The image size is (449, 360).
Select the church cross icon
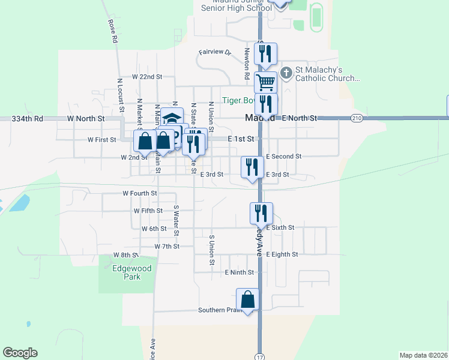coord(286,73)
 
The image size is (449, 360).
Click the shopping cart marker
coord(265,81)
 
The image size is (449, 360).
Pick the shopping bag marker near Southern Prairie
coord(247,299)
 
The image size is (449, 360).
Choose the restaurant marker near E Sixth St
coord(261,213)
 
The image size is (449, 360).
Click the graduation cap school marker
coord(172,117)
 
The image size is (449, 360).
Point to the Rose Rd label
coord(112,31)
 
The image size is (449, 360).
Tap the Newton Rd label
coord(247,64)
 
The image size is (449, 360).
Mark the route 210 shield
coord(357,118)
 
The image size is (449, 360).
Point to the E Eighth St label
coord(282,254)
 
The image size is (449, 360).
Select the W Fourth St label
coord(139,194)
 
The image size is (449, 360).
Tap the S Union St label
coord(212,250)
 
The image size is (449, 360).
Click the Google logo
coord(20,353)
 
